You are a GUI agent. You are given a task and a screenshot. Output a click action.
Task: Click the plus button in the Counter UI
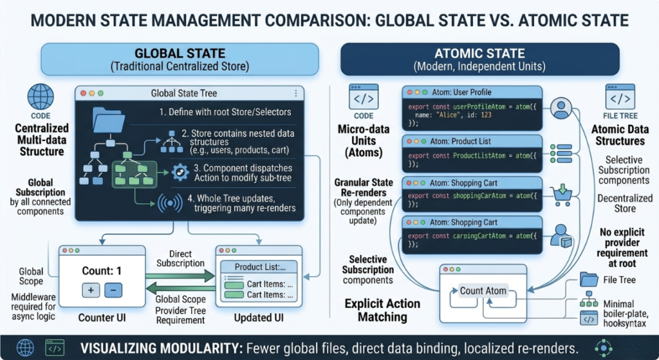click(91, 290)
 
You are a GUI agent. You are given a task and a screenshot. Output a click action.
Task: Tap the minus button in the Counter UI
click(112, 290)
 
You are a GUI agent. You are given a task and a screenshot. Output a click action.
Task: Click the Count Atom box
click(483, 290)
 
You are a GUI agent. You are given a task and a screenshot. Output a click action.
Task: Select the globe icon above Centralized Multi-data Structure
click(41, 97)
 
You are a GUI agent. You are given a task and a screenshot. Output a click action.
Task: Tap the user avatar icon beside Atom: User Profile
click(562, 108)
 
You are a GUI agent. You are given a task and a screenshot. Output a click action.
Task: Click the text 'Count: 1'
click(102, 270)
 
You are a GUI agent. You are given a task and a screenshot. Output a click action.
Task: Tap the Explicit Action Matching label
click(382, 309)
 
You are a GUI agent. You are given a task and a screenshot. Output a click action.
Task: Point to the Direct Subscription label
click(185, 259)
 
